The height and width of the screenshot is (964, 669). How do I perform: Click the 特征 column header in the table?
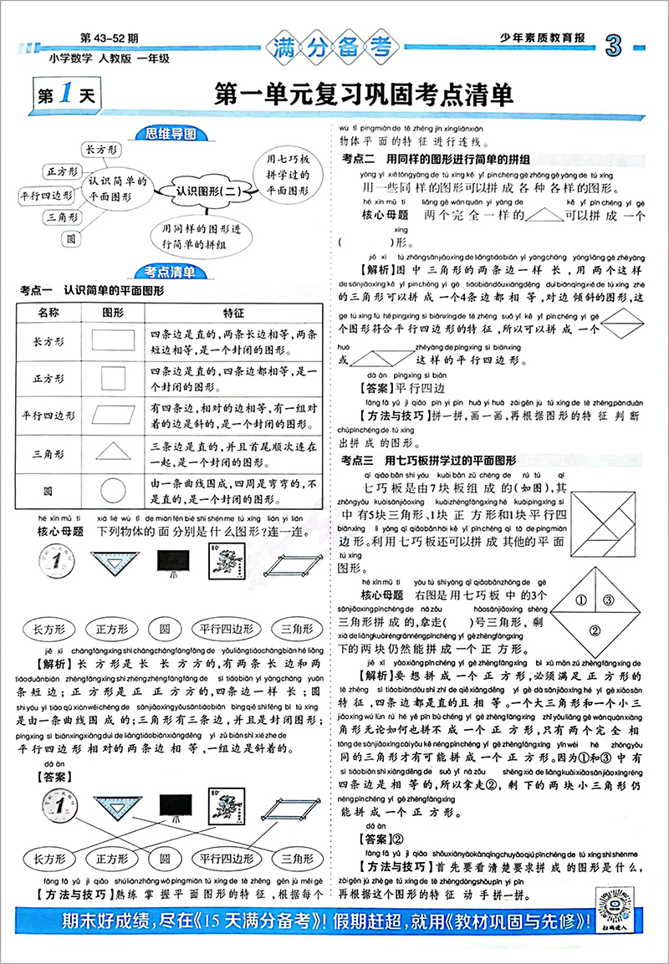[232, 312]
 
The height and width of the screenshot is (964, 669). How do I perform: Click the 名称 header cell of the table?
[49, 312]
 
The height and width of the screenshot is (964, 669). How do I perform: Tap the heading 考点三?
[359, 461]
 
